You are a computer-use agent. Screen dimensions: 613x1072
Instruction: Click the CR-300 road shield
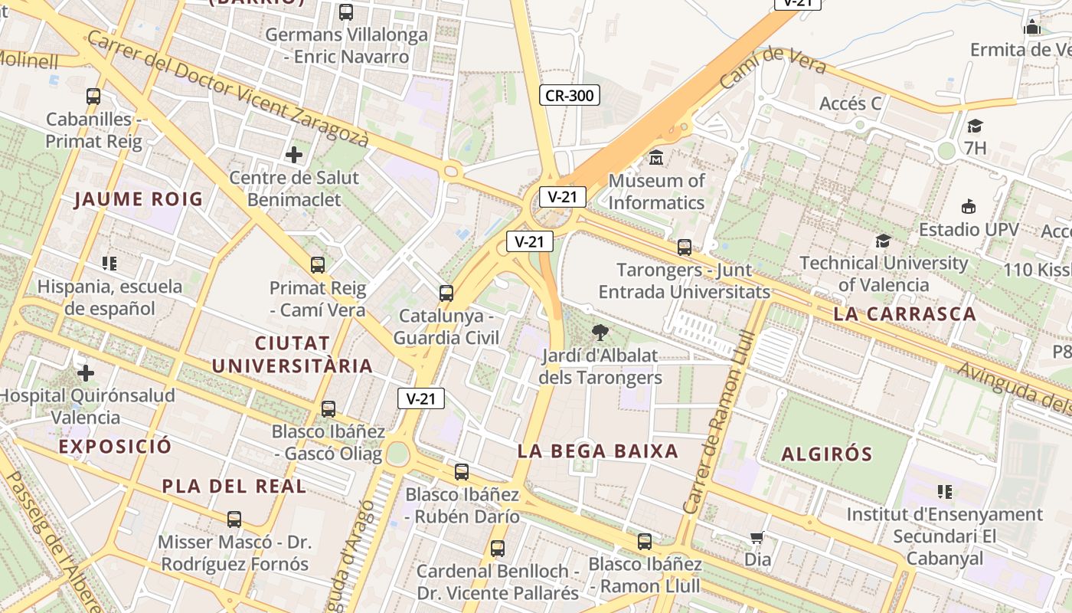(x=569, y=96)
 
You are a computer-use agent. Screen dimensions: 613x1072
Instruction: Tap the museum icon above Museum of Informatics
(x=656, y=158)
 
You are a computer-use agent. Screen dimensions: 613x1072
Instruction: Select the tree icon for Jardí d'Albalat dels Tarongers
(x=600, y=333)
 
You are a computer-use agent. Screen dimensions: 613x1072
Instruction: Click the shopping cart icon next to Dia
(x=757, y=538)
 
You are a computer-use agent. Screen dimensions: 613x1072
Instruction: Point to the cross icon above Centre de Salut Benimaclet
(x=294, y=155)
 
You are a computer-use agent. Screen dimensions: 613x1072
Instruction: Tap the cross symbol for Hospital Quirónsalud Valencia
(x=86, y=373)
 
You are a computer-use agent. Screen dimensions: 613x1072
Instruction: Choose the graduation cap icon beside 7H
(x=975, y=126)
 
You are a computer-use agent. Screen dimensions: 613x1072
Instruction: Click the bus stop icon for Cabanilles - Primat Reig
(x=93, y=97)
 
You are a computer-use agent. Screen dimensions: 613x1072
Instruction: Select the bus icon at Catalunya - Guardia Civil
(x=446, y=293)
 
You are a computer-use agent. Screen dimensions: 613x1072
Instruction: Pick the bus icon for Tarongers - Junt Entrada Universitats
(x=684, y=247)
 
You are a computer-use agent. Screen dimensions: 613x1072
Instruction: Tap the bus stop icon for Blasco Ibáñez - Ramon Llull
(x=645, y=542)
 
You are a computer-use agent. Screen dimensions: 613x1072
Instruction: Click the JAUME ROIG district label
(x=139, y=200)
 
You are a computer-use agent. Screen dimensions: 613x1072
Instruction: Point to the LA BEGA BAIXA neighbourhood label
(x=598, y=451)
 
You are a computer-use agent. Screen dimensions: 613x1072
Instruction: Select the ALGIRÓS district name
(x=827, y=454)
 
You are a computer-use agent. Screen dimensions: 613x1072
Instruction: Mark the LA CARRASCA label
(x=904, y=314)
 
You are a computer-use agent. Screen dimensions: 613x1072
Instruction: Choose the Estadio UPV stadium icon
(x=969, y=207)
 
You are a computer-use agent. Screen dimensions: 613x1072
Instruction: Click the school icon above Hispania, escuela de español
(x=109, y=264)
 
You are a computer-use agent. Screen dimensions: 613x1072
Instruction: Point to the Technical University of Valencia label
(x=884, y=274)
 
